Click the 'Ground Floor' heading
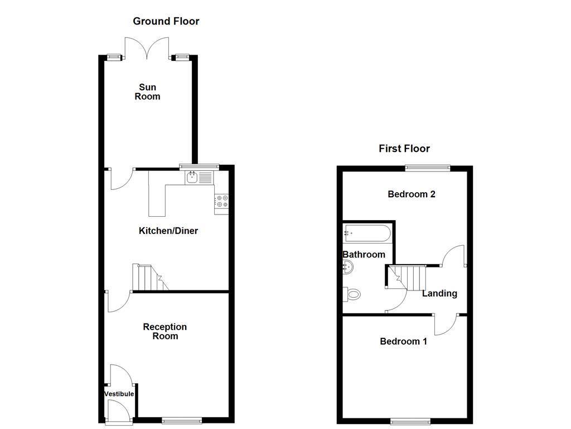(x=166, y=21)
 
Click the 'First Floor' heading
(x=404, y=149)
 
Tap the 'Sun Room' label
(x=148, y=92)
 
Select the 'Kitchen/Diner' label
(x=168, y=231)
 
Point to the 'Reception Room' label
(x=165, y=331)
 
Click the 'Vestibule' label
(x=119, y=394)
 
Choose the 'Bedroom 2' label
(x=412, y=194)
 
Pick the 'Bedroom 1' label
(x=403, y=341)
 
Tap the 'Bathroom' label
(x=364, y=255)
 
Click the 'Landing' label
(x=439, y=293)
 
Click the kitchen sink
(x=192, y=178)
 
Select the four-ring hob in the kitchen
(x=221, y=201)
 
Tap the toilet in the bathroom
(x=352, y=293)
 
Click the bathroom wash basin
(x=347, y=268)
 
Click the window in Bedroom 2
(x=427, y=166)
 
